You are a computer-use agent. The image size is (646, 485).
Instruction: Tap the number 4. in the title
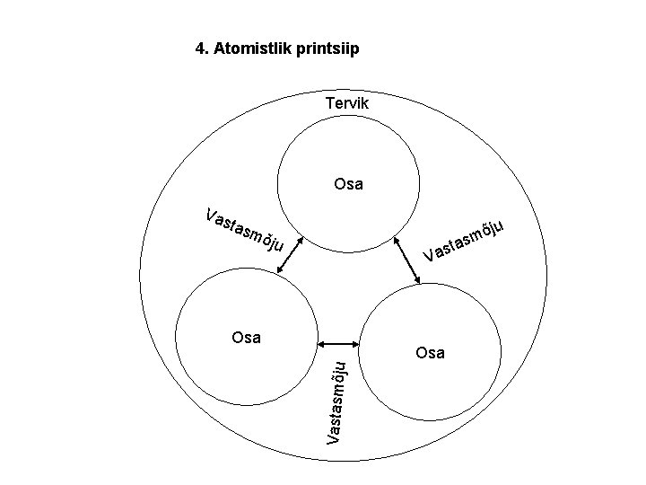tap(203, 48)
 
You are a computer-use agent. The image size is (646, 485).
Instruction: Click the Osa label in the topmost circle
tap(348, 185)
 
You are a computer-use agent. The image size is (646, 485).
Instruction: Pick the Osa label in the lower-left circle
tap(246, 338)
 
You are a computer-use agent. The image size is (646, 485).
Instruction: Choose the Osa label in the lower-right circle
tap(431, 353)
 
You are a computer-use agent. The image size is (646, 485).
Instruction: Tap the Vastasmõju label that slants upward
tap(467, 242)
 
